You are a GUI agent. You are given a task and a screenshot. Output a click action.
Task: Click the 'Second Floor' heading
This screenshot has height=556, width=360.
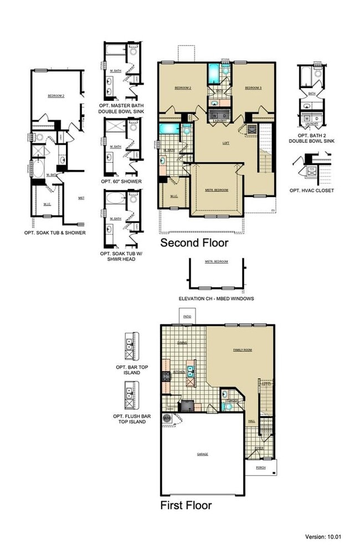pyautogui.click(x=194, y=243)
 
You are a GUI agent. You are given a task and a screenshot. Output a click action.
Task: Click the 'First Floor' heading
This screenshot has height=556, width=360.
pyautogui.click(x=186, y=505)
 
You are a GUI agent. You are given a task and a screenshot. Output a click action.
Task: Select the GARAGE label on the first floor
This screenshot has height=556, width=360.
pyautogui.click(x=203, y=454)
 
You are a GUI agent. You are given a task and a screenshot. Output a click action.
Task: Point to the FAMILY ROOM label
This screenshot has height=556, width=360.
pyautogui.click(x=243, y=350)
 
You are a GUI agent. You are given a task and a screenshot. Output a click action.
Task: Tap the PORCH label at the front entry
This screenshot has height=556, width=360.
pyautogui.click(x=261, y=467)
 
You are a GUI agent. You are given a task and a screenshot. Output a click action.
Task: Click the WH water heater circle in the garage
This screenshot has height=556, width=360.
pyautogui.click(x=167, y=419)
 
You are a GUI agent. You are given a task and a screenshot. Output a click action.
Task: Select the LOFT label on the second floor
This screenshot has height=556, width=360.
pyautogui.click(x=225, y=143)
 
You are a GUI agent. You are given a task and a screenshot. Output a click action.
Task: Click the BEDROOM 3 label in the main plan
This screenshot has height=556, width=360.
pyautogui.click(x=253, y=88)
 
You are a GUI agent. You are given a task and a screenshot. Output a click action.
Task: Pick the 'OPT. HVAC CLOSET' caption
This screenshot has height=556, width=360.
pyautogui.click(x=311, y=191)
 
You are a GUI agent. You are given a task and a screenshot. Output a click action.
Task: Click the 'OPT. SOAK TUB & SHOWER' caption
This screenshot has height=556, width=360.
pyautogui.click(x=55, y=233)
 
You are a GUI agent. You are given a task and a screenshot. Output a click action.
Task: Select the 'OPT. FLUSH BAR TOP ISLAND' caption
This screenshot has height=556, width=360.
pyautogui.click(x=130, y=419)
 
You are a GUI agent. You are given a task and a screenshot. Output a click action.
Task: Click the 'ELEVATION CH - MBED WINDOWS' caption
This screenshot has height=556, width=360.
pyautogui.click(x=216, y=299)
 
